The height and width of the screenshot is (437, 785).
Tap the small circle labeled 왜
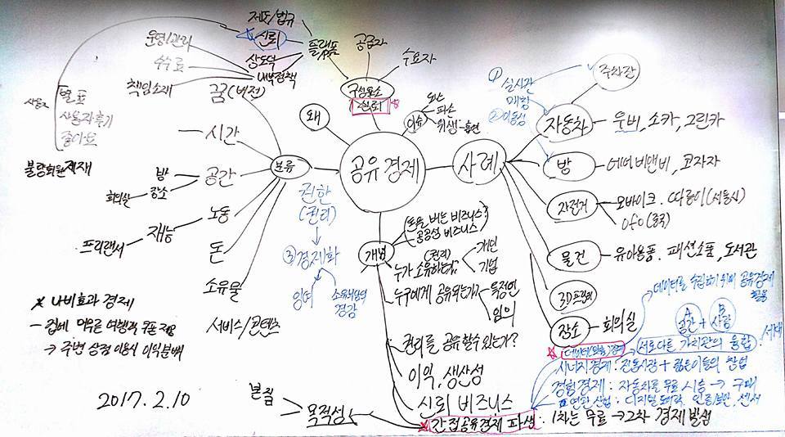(312, 115)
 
